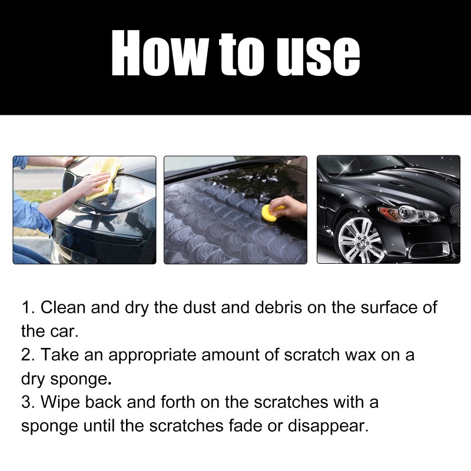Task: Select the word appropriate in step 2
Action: click(x=144, y=355)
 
